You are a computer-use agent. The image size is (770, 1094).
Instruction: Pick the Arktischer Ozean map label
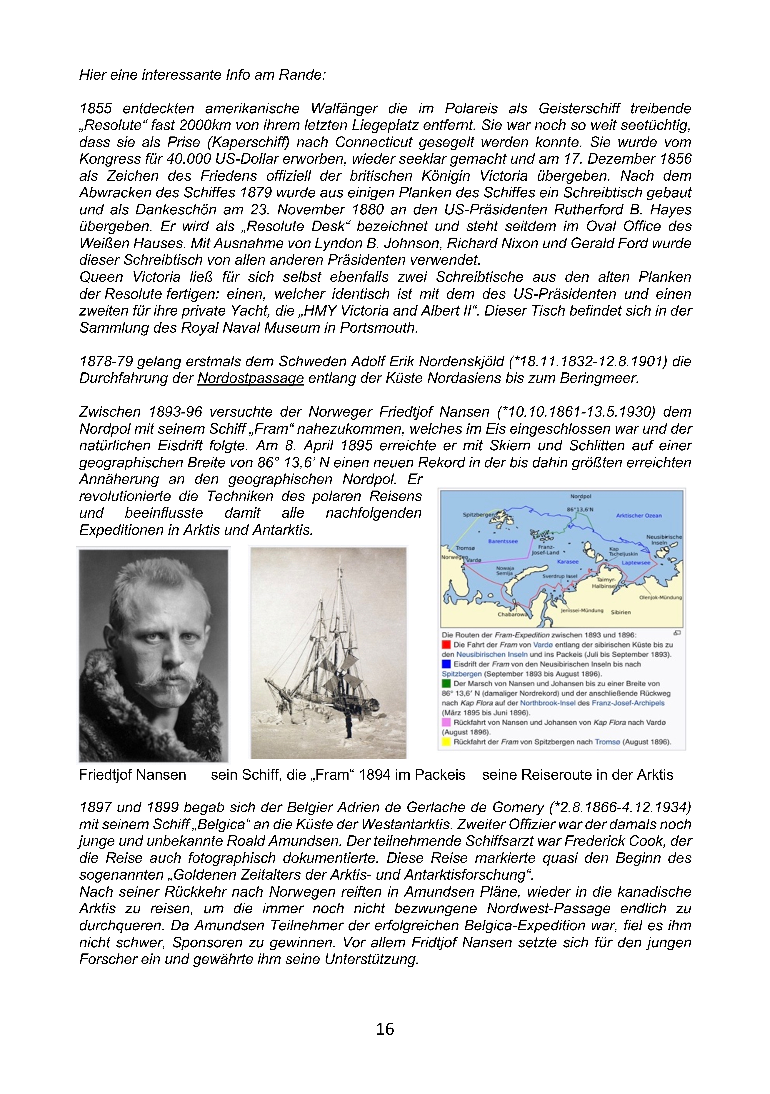coord(639,516)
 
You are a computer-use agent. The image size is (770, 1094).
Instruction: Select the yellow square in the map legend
coord(446,742)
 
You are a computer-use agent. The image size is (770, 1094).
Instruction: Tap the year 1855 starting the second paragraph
coord(95,109)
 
